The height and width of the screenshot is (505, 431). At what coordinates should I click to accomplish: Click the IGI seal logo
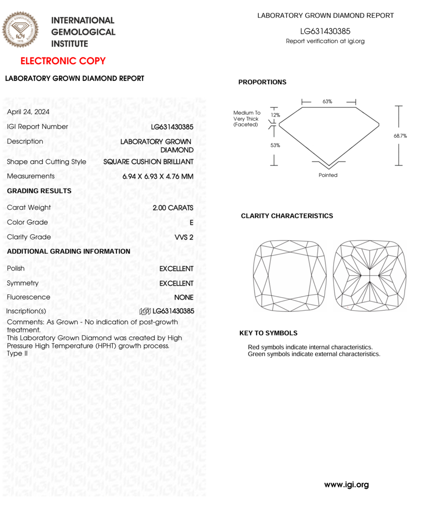[x=20, y=30]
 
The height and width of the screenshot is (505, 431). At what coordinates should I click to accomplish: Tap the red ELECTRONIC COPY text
[x=63, y=61]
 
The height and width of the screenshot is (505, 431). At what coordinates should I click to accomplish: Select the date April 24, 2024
[x=28, y=112]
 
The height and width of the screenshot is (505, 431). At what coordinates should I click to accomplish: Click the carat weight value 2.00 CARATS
[x=173, y=208]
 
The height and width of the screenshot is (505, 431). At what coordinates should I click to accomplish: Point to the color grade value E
[x=191, y=223]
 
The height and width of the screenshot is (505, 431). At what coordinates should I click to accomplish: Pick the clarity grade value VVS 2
[x=184, y=237]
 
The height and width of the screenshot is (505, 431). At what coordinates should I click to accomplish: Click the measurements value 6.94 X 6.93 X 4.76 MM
[x=158, y=177]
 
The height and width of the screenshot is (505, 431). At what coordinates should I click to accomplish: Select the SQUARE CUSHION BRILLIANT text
[x=148, y=162]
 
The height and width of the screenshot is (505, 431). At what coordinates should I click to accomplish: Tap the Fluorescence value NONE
[x=184, y=297]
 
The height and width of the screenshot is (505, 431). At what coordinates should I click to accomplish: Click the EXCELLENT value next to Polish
[x=176, y=269]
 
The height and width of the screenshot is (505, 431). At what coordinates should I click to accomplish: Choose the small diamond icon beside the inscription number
[x=145, y=311]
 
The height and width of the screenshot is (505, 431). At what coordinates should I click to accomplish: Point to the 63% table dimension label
[x=327, y=102]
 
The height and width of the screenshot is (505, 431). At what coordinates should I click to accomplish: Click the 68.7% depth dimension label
[x=400, y=136]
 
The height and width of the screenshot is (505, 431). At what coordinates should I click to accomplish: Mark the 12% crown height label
[x=275, y=115]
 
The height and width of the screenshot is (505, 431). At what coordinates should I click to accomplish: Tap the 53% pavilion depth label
[x=275, y=146]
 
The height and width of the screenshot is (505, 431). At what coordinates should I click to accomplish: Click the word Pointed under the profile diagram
[x=328, y=175]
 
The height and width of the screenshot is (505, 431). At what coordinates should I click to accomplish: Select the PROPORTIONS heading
[x=262, y=82]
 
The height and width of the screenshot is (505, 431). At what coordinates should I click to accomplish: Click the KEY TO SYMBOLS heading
[x=268, y=333]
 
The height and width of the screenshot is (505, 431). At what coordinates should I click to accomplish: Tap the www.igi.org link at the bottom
[x=347, y=485]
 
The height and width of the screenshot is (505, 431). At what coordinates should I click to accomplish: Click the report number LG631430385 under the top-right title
[x=325, y=31]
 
